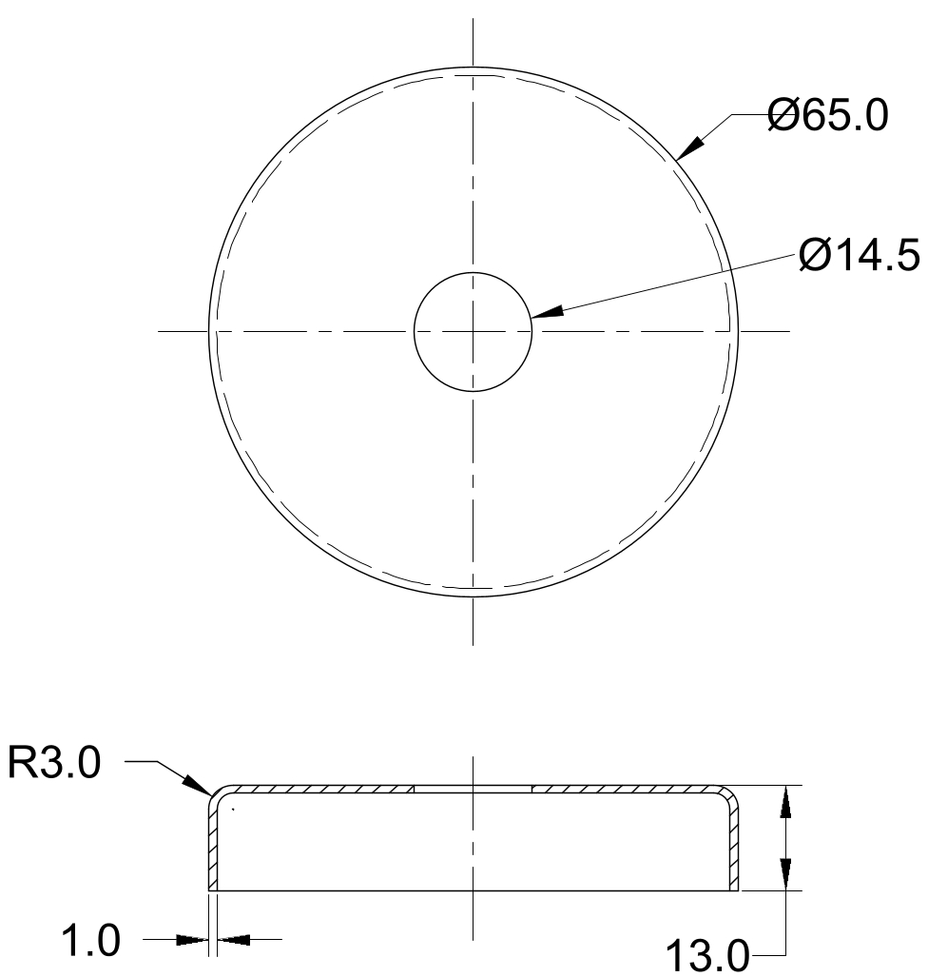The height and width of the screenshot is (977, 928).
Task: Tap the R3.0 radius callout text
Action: click(53, 764)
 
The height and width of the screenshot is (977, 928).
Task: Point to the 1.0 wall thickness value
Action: click(90, 942)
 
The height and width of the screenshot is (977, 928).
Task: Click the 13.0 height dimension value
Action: click(706, 955)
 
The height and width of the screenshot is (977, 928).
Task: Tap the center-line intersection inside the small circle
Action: click(473, 331)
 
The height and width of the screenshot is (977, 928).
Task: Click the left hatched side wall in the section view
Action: click(213, 847)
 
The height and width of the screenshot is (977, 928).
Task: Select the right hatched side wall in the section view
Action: click(733, 847)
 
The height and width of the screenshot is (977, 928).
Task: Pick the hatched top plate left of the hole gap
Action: click(323, 790)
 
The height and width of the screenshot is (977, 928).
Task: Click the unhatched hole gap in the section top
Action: click(473, 790)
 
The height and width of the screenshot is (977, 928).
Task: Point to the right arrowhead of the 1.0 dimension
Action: click(234, 940)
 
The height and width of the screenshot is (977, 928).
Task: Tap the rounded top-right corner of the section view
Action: click(730, 795)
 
